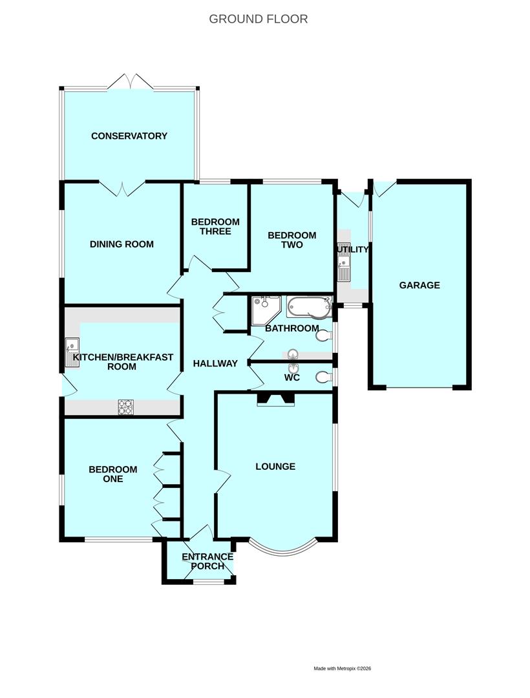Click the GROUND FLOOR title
click(x=258, y=19)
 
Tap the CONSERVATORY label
click(x=129, y=136)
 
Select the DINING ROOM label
click(x=122, y=244)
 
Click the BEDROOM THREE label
click(x=215, y=227)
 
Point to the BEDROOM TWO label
click(x=292, y=240)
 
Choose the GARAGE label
click(x=419, y=285)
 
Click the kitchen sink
click(x=72, y=353)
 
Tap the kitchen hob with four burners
click(x=125, y=407)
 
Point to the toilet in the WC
click(x=324, y=377)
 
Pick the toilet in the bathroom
click(x=324, y=335)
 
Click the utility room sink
click(x=344, y=262)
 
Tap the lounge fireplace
click(x=275, y=399)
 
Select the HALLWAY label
click(x=215, y=363)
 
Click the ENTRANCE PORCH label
click(x=207, y=562)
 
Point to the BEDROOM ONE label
click(x=113, y=474)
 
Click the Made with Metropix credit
click(x=342, y=668)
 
